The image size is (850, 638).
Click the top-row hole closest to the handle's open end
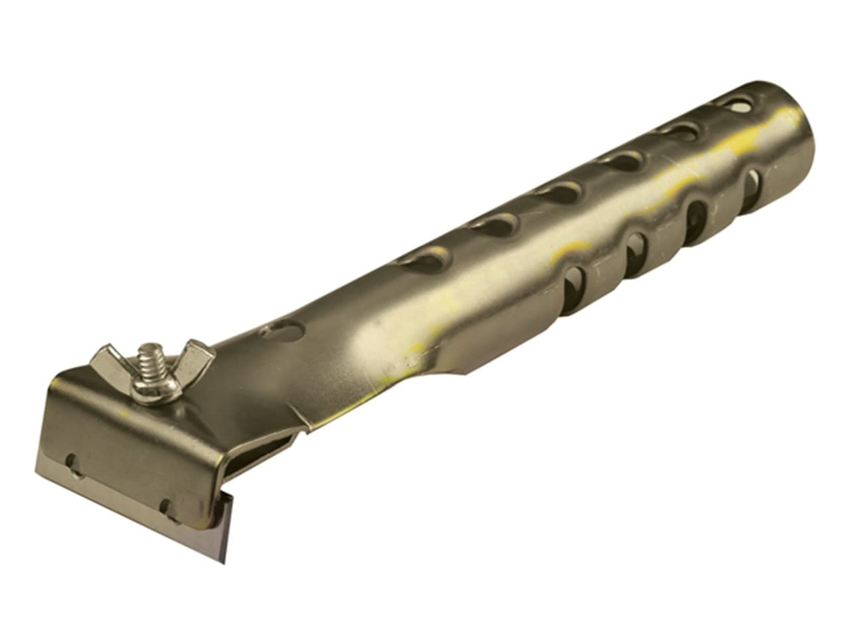pos(735,104)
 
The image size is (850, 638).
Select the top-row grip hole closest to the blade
pos(425,261)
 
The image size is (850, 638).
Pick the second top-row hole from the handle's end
pos(680,130)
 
